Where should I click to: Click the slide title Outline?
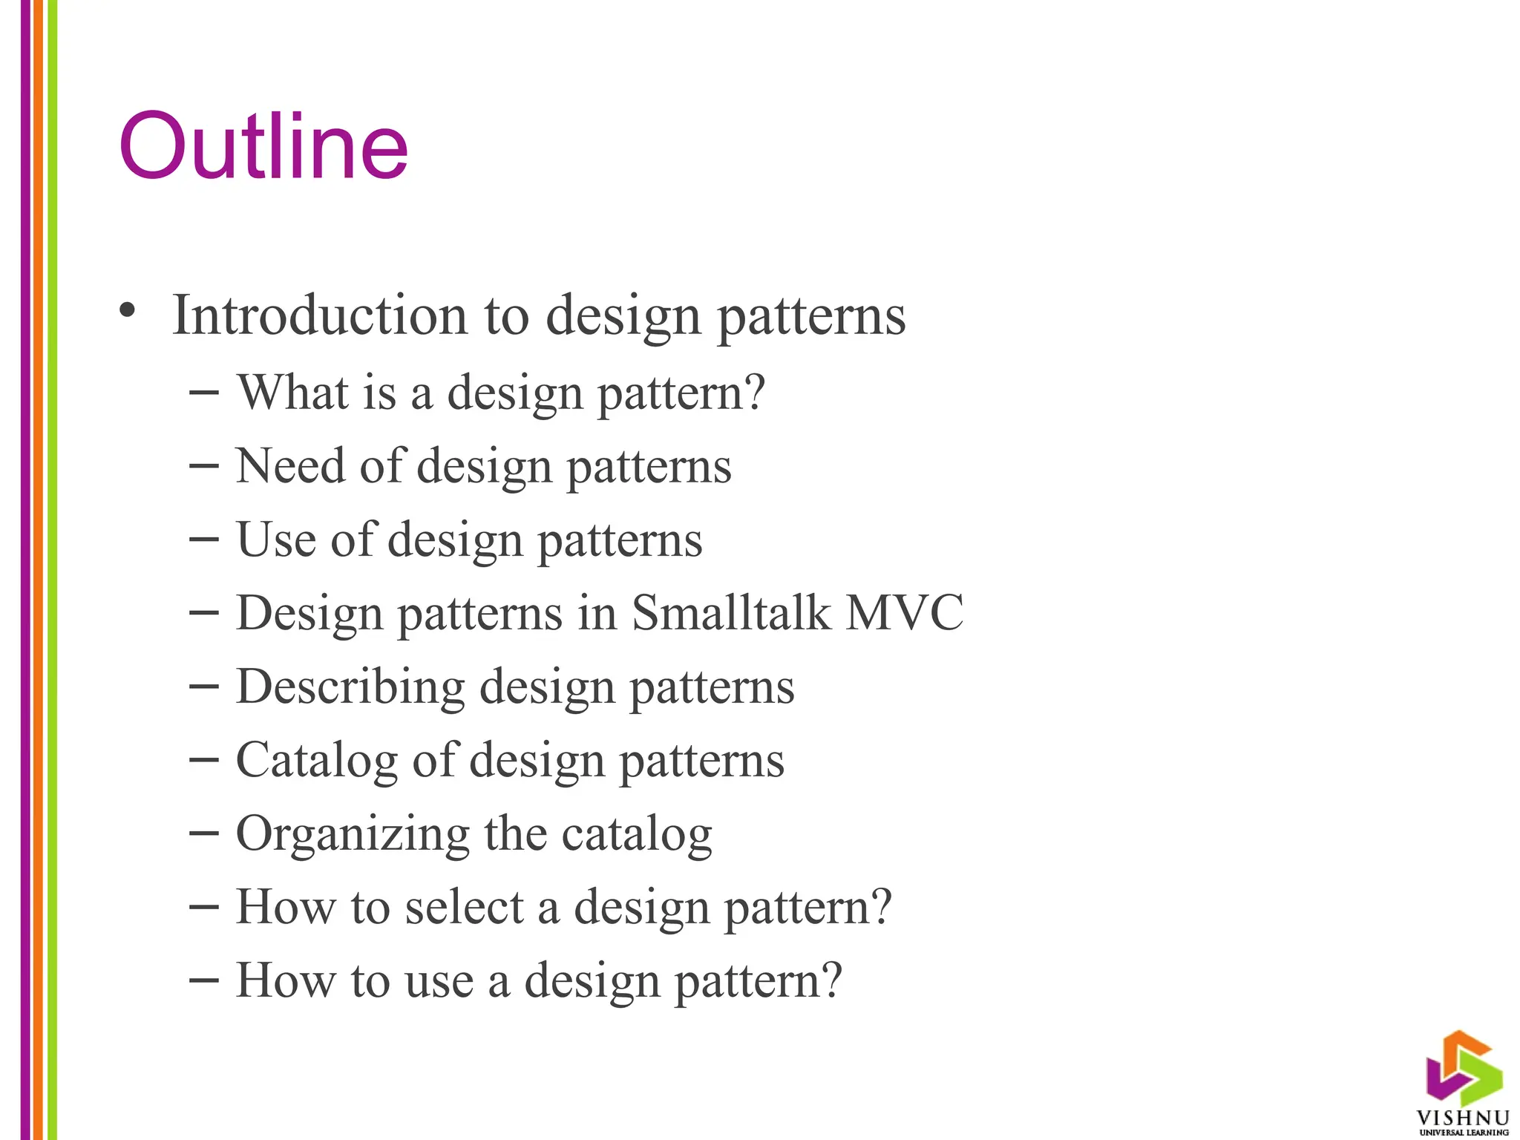[263, 146]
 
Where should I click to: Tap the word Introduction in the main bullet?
[319, 315]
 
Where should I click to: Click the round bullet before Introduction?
[128, 311]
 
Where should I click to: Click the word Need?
[290, 466]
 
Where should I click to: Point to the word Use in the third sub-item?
[275, 540]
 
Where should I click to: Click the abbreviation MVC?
[905, 613]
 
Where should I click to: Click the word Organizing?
[353, 834]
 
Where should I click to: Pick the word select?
[465, 907]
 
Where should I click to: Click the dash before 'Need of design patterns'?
[204, 466]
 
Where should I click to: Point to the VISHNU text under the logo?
[1463, 1118]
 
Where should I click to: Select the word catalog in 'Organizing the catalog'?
[637, 834]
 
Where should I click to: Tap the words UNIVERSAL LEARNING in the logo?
[1464, 1133]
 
